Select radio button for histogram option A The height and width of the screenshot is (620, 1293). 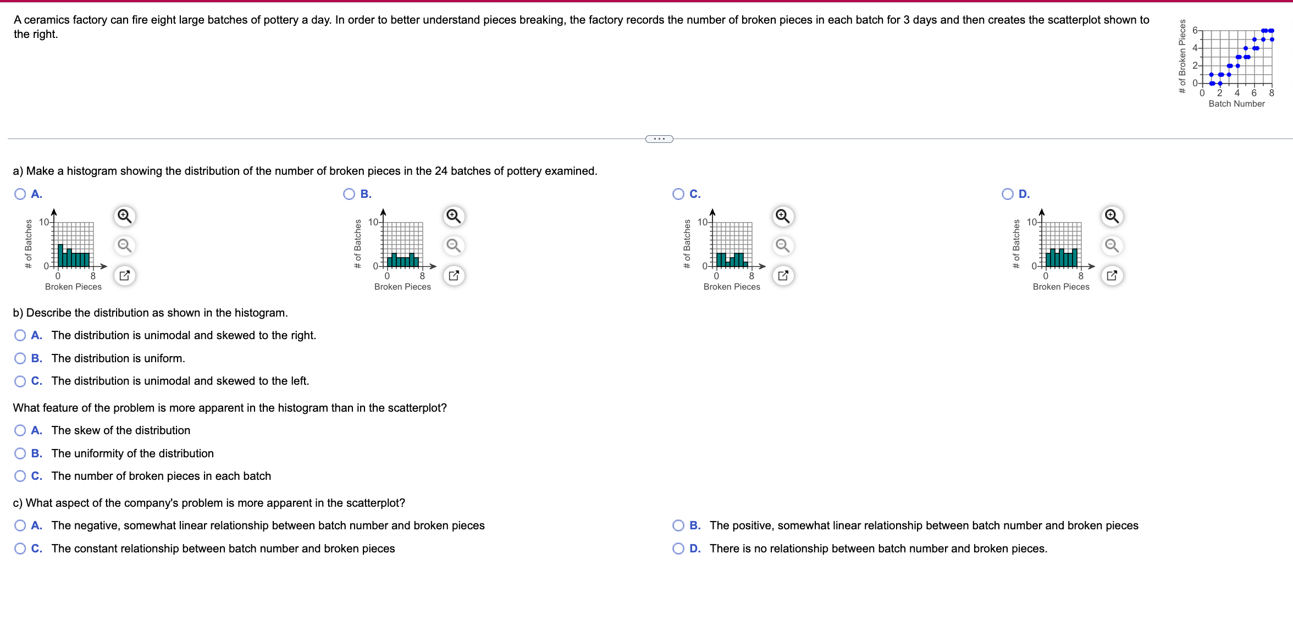tap(20, 194)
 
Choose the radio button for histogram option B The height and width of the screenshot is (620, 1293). tap(349, 194)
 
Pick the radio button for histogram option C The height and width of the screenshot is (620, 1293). tap(678, 194)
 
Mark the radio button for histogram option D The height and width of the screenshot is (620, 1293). tap(1008, 194)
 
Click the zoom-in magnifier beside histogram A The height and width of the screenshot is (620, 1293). tap(125, 216)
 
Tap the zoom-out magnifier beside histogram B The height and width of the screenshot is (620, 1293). tap(454, 245)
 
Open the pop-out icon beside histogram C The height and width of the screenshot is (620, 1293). tap(783, 275)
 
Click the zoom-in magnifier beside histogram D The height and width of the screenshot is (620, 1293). tap(1112, 216)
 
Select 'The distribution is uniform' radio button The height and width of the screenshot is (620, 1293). tap(20, 358)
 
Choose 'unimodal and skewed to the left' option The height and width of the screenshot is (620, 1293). tap(20, 381)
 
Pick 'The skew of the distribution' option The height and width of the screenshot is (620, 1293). tap(20, 430)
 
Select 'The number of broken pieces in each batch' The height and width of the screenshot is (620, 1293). tap(20, 476)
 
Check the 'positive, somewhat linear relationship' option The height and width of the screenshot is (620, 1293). tap(678, 525)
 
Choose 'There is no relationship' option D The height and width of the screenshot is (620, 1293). tap(678, 549)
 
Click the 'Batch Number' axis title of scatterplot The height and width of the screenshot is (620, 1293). tap(1236, 104)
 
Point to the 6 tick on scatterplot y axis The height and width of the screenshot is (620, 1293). tap(1195, 31)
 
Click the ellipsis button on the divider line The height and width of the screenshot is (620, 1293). tap(659, 139)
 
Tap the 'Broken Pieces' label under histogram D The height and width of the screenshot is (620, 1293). tap(1060, 287)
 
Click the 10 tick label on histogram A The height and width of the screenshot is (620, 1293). tap(43, 222)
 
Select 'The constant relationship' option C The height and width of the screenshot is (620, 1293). tap(20, 549)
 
